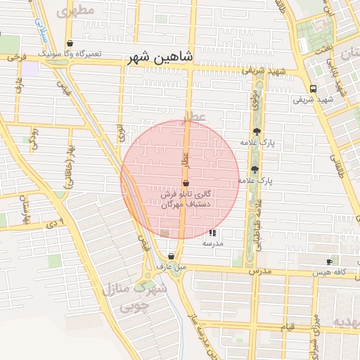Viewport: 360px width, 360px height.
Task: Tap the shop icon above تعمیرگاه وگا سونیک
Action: [69, 44]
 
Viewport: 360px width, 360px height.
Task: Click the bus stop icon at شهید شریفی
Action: [312, 89]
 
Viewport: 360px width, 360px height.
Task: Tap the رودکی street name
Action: [33, 134]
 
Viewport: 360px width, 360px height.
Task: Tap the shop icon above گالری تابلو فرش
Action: [186, 183]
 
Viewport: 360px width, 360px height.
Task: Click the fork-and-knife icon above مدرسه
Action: [213, 233]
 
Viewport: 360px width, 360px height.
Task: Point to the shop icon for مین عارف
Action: [171, 257]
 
